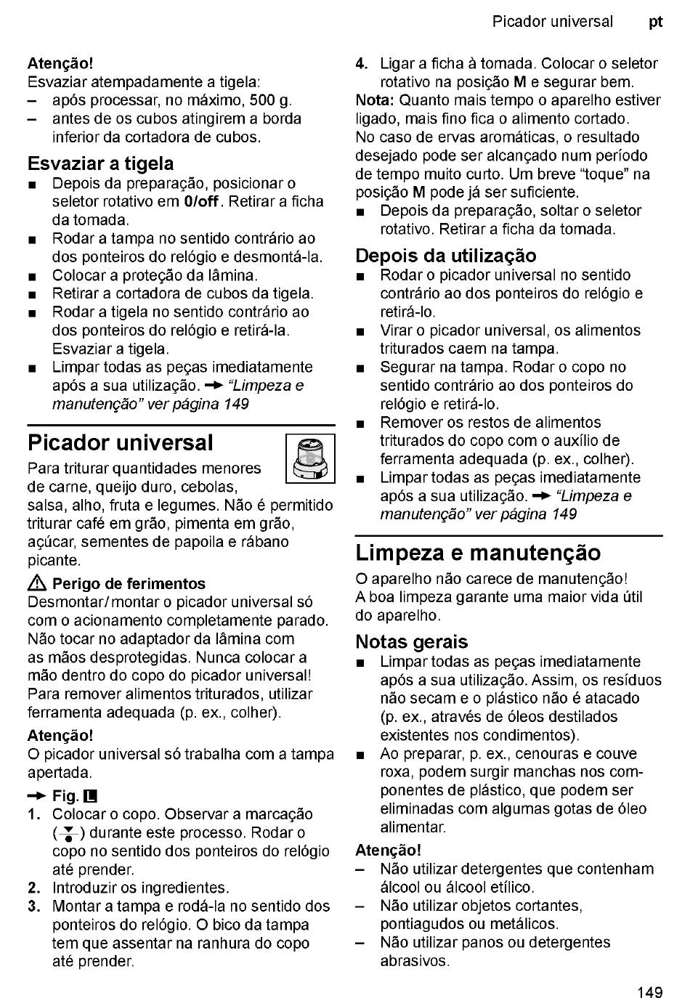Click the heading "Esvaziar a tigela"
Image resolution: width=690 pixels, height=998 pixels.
[x=100, y=163]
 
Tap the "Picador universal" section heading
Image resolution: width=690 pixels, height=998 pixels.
[x=121, y=442]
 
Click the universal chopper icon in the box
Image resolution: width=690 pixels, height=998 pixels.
[x=310, y=458]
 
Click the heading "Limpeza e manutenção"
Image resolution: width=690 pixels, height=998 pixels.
[x=478, y=553]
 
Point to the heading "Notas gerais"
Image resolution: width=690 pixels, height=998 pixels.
[x=411, y=642]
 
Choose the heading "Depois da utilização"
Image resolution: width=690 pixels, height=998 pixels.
[x=446, y=256]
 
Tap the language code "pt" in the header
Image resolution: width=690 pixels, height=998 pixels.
[x=655, y=22]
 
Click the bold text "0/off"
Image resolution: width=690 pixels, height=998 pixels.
[x=201, y=202]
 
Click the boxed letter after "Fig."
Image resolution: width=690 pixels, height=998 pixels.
[x=91, y=796]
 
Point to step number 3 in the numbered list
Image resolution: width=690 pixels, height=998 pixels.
[x=33, y=906]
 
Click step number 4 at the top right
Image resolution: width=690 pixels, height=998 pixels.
[x=361, y=64]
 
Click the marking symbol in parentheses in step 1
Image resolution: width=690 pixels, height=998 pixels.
[x=67, y=834]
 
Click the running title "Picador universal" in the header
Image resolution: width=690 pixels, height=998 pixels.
[x=552, y=22]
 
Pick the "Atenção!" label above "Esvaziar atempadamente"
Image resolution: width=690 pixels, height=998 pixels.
[x=60, y=64]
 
